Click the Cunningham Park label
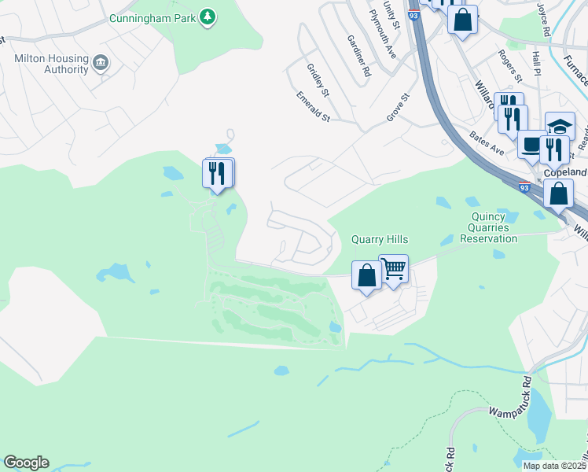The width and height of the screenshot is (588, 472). point(153,17)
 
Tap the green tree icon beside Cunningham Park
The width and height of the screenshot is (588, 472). point(208,17)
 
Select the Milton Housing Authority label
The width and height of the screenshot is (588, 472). point(51,64)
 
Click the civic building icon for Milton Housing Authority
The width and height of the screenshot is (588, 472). point(101,63)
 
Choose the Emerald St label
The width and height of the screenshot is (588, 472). point(313,107)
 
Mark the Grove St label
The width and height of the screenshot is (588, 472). point(399,108)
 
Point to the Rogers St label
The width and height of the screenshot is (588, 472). point(510,66)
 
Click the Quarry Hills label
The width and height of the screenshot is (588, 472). point(380,240)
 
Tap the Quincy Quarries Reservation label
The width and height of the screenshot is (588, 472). point(494,227)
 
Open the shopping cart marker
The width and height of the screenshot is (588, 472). point(393,269)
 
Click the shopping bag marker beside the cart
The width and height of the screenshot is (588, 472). point(366,275)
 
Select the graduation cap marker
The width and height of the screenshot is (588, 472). point(560,126)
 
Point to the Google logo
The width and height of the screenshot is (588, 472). point(26,463)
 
